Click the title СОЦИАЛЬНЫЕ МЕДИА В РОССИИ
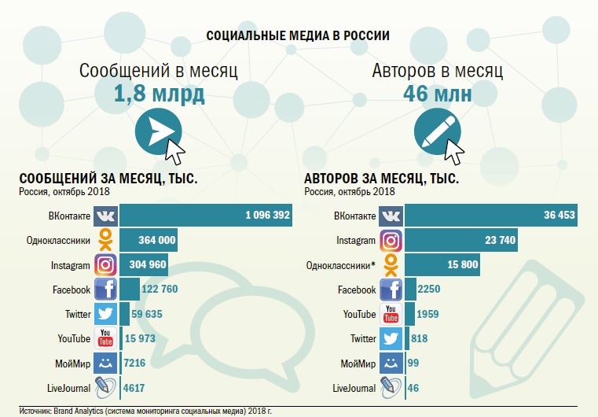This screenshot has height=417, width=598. click(x=298, y=35)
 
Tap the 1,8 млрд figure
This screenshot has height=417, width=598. click(x=159, y=95)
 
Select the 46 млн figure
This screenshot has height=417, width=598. click(x=438, y=95)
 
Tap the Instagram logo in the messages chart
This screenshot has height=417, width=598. click(x=106, y=265)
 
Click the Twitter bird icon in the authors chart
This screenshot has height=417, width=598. click(x=391, y=339)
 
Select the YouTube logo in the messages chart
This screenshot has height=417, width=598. click(x=106, y=339)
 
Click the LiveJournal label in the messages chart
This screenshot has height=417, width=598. click(x=70, y=388)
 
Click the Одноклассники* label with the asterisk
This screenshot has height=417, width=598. click(x=343, y=265)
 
